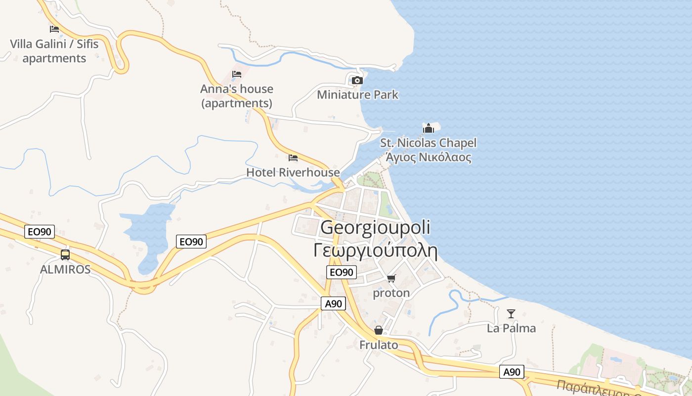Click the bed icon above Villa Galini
pos(54,29)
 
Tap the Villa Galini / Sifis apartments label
pos(54,51)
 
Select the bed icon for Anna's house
pos(237,74)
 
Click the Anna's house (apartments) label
pos(237,96)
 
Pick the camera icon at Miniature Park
pos(357,80)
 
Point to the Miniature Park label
pos(357,95)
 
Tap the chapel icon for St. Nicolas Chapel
pos(428,128)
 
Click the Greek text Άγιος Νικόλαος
pos(428,158)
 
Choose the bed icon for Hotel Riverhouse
pos(293,158)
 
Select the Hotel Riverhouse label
pos(293,172)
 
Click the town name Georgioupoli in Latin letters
pos(375,227)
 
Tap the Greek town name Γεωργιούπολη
pos(376,250)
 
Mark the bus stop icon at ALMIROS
pos(65,255)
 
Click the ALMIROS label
pos(65,269)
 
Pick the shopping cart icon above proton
pos(391,279)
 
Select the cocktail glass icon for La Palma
pos(511,314)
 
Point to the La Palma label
pos(511,328)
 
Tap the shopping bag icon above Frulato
pos(379,330)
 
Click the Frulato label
pos(379,345)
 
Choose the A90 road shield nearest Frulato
pos(333,304)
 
